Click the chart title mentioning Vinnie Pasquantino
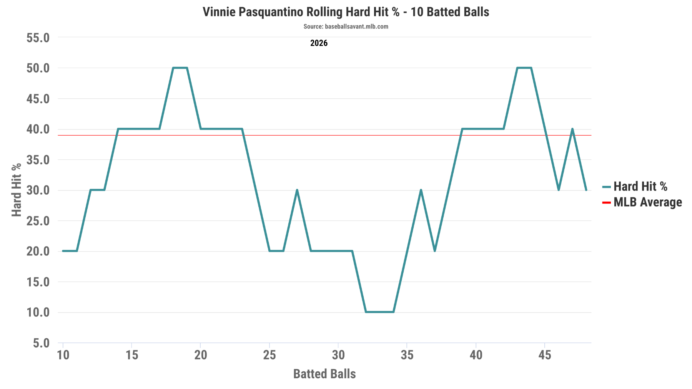point(346,12)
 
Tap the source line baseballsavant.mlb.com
point(346,26)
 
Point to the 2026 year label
point(319,43)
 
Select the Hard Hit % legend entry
point(640,187)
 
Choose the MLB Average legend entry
point(647,202)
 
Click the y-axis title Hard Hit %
point(17,190)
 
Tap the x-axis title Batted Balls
point(324,374)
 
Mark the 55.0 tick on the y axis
point(38,38)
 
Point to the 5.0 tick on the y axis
point(41,343)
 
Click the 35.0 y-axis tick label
point(38,160)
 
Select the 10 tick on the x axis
point(63,355)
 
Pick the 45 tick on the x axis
point(545,355)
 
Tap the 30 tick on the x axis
point(338,355)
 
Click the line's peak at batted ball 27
point(297,190)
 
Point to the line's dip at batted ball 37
point(434,251)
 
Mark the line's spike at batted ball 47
point(572,129)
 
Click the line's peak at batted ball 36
point(421,190)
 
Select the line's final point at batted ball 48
point(586,190)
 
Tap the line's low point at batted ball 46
point(559,190)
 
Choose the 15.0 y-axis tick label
point(38,282)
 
